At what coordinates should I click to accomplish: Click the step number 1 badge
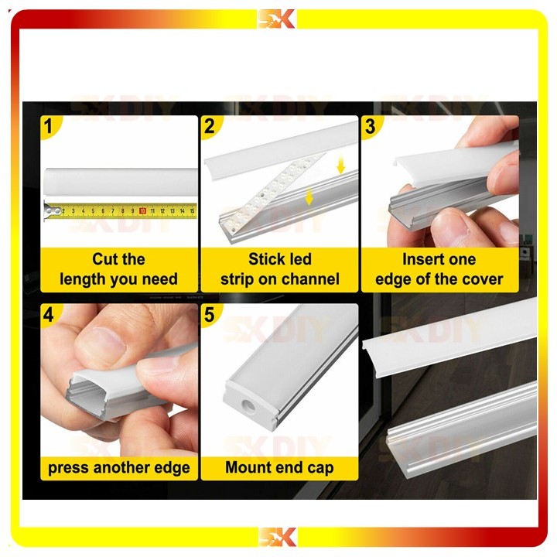[x=48, y=126]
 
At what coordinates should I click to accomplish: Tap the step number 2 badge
[x=210, y=126]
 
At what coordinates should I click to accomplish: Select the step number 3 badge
[x=370, y=126]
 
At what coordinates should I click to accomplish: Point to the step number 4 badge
[x=48, y=314]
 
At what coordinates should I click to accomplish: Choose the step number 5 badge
[x=210, y=314]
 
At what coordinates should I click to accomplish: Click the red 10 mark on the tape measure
[x=142, y=211]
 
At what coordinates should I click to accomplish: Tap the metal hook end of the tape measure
[x=51, y=211]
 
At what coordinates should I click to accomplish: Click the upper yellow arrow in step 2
[x=340, y=166]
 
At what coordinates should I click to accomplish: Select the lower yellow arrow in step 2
[x=309, y=196]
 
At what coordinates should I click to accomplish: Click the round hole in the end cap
[x=247, y=405]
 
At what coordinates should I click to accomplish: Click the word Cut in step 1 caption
[x=103, y=259]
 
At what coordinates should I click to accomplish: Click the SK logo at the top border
[x=276, y=19]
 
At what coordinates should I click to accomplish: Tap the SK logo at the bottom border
[x=277, y=537]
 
